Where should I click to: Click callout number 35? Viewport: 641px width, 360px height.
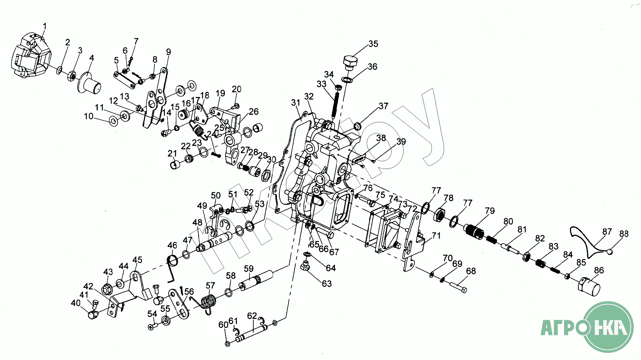pos(373,44)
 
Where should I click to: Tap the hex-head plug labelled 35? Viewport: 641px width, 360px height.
pos(350,62)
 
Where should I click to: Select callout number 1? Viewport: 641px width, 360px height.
pos(45,26)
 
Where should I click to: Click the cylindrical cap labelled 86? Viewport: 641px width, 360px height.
pos(589,287)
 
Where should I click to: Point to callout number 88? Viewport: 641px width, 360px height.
pos(624,234)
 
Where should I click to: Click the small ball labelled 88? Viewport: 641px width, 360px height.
pos(610,252)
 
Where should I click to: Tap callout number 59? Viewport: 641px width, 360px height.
pos(249,268)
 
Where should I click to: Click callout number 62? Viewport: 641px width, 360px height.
pos(252,316)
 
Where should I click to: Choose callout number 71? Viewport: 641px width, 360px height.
pos(436,236)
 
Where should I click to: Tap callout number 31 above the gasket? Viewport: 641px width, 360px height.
pos(296,103)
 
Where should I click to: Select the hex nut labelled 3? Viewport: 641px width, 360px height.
pos(71,76)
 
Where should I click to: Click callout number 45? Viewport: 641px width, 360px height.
pos(138,260)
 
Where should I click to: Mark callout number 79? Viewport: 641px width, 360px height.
pos(490,211)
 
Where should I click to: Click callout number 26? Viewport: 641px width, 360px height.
pos(254,112)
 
